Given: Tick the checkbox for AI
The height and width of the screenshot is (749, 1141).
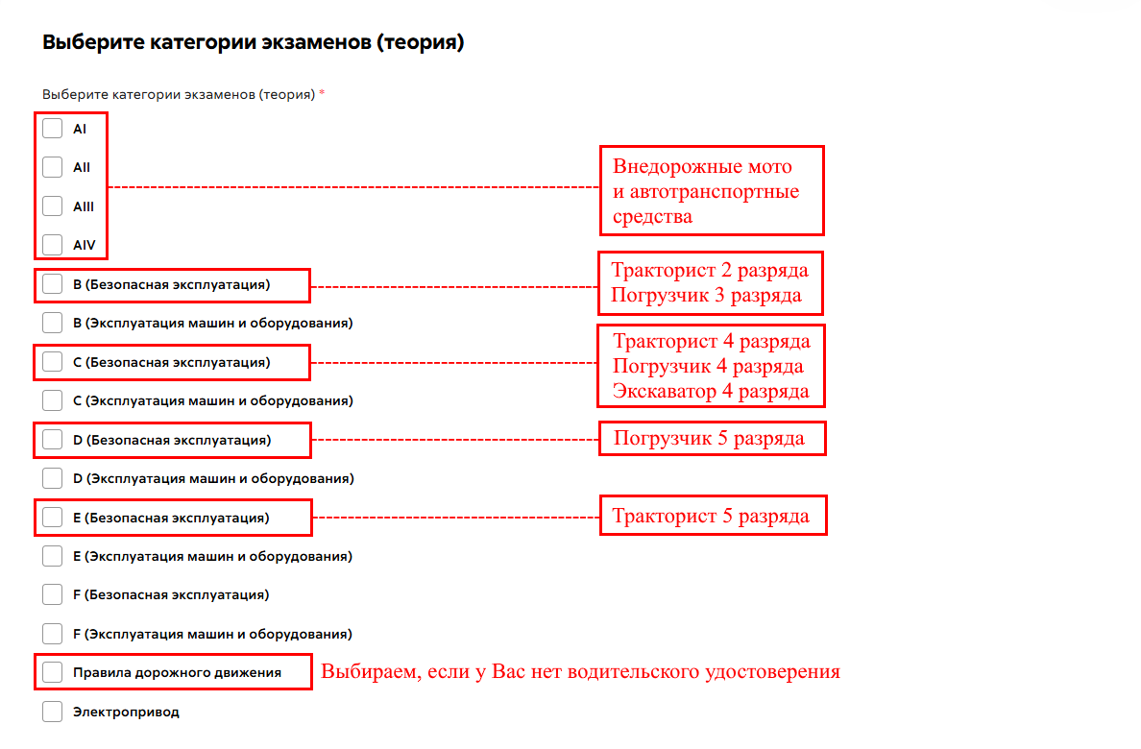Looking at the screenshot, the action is click(53, 129).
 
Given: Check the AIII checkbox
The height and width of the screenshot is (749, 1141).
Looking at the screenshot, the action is click(53, 206).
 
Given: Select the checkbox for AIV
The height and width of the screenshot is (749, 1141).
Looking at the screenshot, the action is click(53, 245).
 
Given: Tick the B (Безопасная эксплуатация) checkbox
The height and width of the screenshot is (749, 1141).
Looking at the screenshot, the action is click(53, 284).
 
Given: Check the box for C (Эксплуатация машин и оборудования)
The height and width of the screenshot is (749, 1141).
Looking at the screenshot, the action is click(53, 400).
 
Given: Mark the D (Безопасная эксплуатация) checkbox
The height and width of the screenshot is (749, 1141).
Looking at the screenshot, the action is click(53, 440).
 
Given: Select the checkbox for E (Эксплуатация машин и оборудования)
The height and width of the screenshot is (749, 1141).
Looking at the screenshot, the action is click(53, 556).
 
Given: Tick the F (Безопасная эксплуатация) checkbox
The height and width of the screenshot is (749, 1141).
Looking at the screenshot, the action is click(53, 594).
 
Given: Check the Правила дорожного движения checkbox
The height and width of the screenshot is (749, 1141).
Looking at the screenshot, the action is click(53, 672).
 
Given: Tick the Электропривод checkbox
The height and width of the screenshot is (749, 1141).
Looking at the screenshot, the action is click(53, 712).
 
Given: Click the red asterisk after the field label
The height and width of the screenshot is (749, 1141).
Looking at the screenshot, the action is click(322, 93).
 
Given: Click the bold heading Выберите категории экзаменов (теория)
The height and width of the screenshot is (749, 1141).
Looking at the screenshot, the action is click(254, 42).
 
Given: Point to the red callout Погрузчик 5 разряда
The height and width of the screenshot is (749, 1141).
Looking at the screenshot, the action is click(709, 438).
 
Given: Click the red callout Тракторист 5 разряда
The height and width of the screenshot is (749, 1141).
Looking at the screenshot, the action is click(710, 516).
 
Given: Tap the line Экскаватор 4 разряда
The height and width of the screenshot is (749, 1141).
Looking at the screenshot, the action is click(710, 392).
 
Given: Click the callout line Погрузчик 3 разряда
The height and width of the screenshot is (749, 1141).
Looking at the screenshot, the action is click(706, 296).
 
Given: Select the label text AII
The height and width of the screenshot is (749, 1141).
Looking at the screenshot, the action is click(82, 167).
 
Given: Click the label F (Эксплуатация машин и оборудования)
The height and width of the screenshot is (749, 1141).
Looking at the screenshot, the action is click(212, 634).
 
